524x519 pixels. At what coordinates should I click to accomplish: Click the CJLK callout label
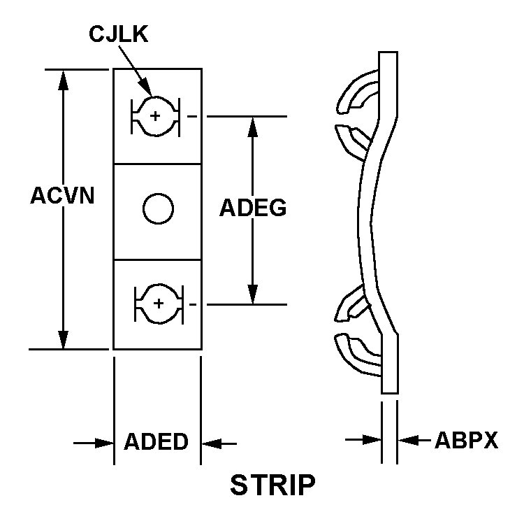tap(119, 35)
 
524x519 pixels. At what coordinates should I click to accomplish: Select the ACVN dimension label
tap(62, 195)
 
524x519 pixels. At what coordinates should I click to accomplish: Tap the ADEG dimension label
tap(253, 208)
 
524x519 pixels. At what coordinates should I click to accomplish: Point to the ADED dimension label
tap(157, 442)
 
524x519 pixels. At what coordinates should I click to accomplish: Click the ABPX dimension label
tap(466, 441)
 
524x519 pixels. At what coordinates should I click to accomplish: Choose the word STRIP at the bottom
tap(272, 484)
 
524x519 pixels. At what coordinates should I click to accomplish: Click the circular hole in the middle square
tap(157, 208)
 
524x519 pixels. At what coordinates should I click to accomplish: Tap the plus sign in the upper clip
tap(154, 115)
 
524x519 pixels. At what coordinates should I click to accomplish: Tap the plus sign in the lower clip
tap(159, 303)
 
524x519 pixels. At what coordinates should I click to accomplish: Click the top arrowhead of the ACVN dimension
tap(64, 78)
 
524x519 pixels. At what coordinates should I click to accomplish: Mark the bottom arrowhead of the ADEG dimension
tap(253, 295)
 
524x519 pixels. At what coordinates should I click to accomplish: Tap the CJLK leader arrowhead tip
tap(152, 94)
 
